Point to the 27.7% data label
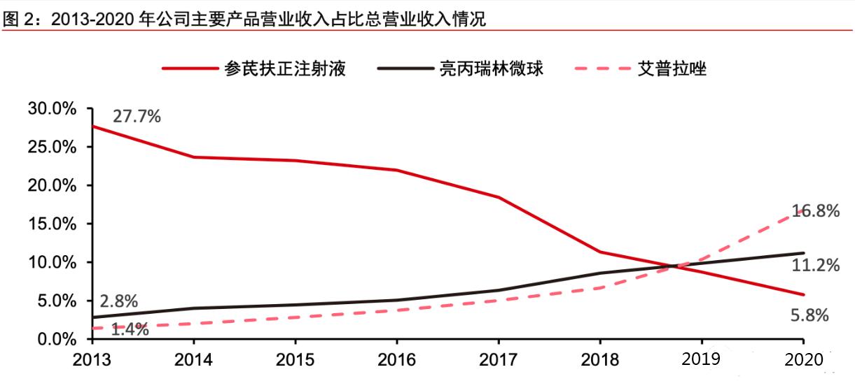(137, 116)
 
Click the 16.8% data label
(816, 210)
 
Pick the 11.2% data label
(816, 266)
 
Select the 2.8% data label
(118, 301)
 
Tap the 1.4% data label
(130, 329)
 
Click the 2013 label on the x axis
(92, 359)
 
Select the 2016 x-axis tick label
(396, 359)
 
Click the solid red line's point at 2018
(600, 252)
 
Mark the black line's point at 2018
(600, 273)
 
